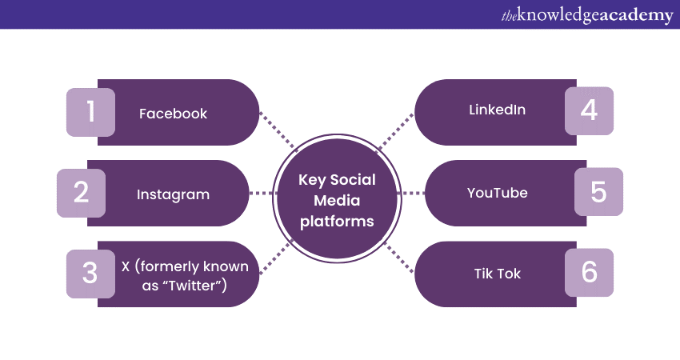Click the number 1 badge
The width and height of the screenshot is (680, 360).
(x=90, y=112)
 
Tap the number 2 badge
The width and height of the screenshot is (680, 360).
(x=81, y=193)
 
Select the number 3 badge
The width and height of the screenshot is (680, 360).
(x=90, y=273)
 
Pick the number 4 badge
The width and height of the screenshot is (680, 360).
(x=589, y=110)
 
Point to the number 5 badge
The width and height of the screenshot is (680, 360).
(x=598, y=192)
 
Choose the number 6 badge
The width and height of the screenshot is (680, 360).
(x=589, y=273)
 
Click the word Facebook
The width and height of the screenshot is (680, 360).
(x=173, y=114)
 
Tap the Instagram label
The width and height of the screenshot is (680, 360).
(x=173, y=194)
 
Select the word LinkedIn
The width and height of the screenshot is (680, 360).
(x=497, y=110)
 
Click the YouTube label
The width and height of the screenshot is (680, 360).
(x=497, y=193)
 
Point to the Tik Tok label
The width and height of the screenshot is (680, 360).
(x=497, y=274)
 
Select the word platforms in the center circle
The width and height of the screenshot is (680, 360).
(x=337, y=222)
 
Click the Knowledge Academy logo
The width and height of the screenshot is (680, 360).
(x=586, y=15)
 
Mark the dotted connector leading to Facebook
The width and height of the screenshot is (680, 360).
(x=278, y=131)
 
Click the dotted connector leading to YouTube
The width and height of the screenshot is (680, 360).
(x=410, y=193)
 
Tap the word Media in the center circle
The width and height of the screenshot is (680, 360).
(x=337, y=201)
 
